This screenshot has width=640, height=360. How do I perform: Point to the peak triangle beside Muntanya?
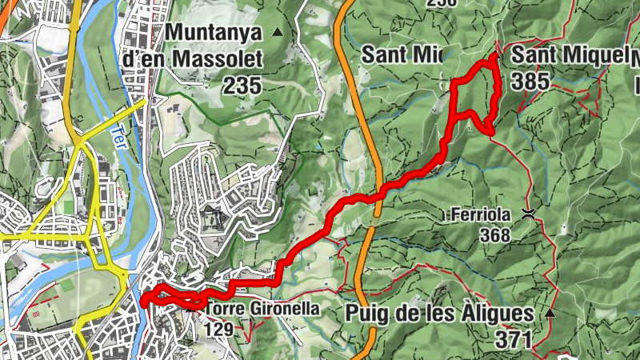278,32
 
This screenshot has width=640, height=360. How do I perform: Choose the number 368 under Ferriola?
495,235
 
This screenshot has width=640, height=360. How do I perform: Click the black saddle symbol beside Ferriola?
528,213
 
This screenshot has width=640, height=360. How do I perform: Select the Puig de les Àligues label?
441,313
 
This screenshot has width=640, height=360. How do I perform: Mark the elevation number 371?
512,339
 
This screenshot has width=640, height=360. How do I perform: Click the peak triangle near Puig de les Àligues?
550,314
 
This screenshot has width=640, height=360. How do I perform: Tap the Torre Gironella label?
262,308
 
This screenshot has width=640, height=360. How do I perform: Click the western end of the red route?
144,301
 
